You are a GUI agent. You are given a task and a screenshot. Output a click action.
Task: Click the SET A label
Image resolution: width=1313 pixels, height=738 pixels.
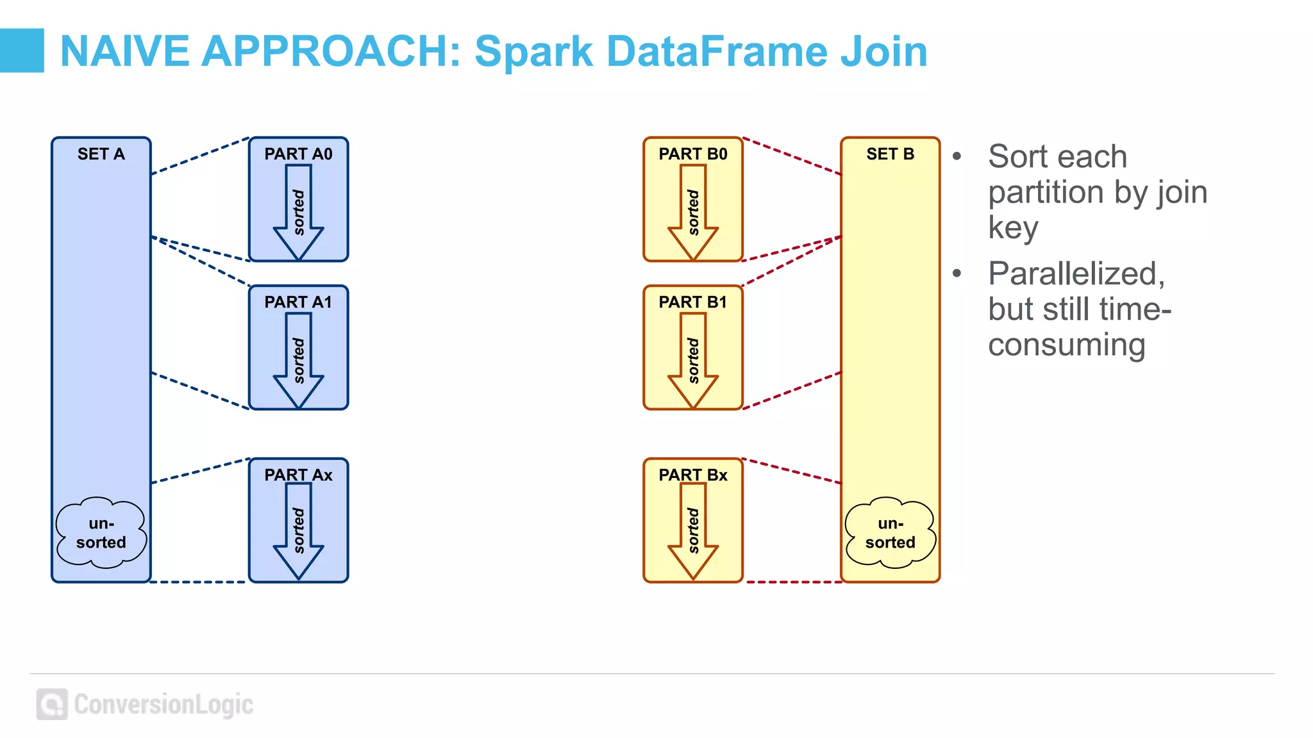[101, 154]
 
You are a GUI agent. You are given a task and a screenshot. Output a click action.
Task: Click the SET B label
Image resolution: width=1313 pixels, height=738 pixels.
[890, 154]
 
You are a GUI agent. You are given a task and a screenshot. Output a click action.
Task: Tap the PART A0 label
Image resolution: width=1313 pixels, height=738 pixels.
[298, 154]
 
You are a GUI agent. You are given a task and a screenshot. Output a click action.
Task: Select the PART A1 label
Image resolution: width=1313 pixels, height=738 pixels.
[298, 302]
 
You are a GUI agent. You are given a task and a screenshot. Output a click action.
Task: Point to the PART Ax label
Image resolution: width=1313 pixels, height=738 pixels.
[298, 475]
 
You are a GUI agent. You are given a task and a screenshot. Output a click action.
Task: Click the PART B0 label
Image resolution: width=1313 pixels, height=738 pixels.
[693, 154]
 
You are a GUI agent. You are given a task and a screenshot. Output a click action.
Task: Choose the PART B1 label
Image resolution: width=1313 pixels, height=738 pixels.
[693, 302]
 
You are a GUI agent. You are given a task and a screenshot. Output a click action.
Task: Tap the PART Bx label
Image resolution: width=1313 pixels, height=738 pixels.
[693, 475]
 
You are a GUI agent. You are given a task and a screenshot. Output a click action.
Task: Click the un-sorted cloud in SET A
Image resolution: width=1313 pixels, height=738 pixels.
[101, 533]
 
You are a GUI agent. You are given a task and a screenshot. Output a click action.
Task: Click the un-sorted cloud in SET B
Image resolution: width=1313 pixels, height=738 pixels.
[890, 533]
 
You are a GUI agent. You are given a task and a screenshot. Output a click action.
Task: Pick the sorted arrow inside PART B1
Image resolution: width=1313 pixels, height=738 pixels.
[693, 361]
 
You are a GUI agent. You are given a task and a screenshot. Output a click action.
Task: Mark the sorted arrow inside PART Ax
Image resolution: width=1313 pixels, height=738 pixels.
[299, 531]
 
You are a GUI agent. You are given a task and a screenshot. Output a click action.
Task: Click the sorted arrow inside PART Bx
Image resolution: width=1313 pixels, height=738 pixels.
[693, 531]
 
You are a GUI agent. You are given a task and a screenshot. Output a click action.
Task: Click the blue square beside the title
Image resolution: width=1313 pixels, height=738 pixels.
[22, 51]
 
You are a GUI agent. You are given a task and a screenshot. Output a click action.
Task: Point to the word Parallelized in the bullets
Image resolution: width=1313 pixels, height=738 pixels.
[1076, 274]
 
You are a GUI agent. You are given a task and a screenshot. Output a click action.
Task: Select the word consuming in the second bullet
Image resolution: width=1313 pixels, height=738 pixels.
[1066, 345]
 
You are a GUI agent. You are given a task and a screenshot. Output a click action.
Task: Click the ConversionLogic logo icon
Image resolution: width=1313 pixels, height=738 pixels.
[52, 705]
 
